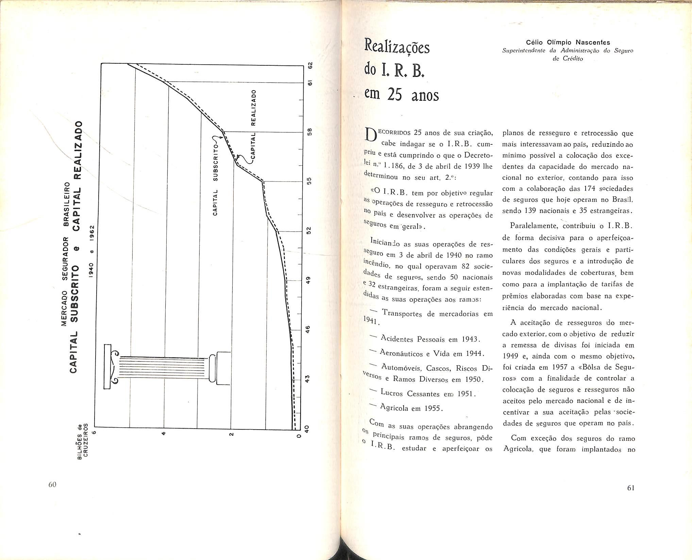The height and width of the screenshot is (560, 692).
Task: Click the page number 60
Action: [x=52, y=485]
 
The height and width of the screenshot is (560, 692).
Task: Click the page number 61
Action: [x=630, y=488]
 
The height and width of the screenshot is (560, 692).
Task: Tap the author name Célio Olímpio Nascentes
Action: [x=568, y=43]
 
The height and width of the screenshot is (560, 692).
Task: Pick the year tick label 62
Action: [x=309, y=65]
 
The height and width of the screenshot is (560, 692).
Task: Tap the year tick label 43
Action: [x=307, y=379]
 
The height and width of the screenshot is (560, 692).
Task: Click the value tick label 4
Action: [x=164, y=434]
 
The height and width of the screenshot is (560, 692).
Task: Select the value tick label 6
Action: [x=95, y=434]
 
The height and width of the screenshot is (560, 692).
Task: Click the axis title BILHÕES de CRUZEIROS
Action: [x=83, y=440]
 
